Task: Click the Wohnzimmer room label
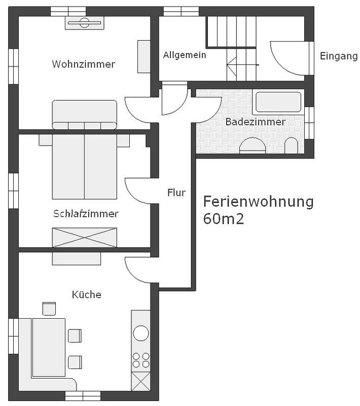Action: tap(83, 64)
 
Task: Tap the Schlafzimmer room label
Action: tap(86, 214)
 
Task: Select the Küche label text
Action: tap(86, 294)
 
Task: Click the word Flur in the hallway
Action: tap(176, 193)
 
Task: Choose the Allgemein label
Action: tap(185, 55)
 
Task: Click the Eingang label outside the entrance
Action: tap(339, 56)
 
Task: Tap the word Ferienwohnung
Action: tap(258, 201)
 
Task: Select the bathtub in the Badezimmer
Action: tap(278, 102)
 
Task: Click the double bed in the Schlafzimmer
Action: tap(84, 165)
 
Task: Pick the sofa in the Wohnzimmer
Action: tap(85, 114)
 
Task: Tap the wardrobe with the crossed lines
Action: tap(84, 238)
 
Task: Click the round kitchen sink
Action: tap(140, 333)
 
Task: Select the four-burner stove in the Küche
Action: tap(140, 359)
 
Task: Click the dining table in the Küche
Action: tap(49, 347)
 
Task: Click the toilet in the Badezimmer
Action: tap(291, 146)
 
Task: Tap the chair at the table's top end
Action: tap(49, 309)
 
